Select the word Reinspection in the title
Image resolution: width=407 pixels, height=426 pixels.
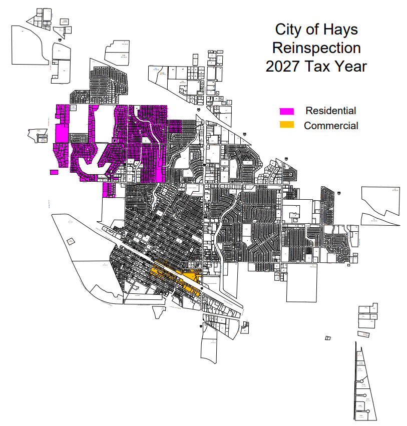pos(316,48)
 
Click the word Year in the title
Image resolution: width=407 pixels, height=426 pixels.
pos(351,66)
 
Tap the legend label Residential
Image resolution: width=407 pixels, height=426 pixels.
pos(331,111)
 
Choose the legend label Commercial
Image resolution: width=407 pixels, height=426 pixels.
pos(331,126)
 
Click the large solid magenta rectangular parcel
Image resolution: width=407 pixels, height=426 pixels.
pos(61,134)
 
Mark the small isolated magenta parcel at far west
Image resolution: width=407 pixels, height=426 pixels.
pos(54,172)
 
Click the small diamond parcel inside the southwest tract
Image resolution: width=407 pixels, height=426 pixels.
pos(71,241)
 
